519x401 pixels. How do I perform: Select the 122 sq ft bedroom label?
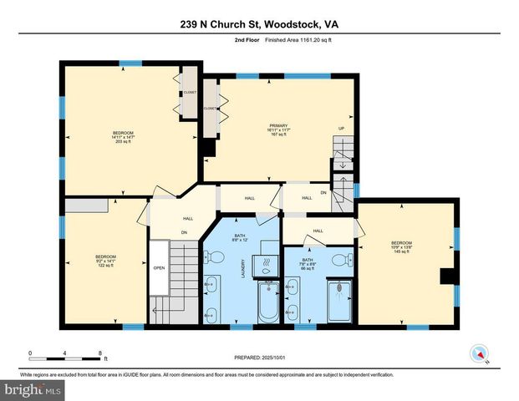(x=104, y=261)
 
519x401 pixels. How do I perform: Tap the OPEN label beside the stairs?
(x=158, y=268)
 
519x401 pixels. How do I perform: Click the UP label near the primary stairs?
(x=341, y=128)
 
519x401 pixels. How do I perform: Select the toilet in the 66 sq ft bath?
(x=338, y=261)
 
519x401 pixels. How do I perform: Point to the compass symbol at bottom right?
(x=479, y=353)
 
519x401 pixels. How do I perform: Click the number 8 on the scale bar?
(x=100, y=353)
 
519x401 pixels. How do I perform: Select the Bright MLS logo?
(x=32, y=389)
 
